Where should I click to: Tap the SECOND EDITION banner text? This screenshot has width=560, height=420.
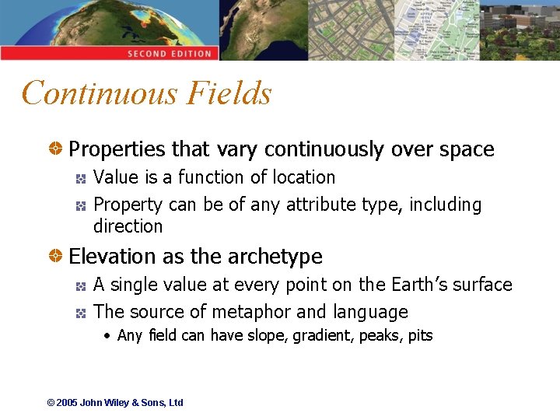coord(170,54)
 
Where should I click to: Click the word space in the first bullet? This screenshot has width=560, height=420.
coord(465,149)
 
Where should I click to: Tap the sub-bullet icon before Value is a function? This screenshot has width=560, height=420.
coord(80,178)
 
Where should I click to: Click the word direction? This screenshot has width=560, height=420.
coord(128,226)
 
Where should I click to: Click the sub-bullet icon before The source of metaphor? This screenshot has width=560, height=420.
coord(80,313)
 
